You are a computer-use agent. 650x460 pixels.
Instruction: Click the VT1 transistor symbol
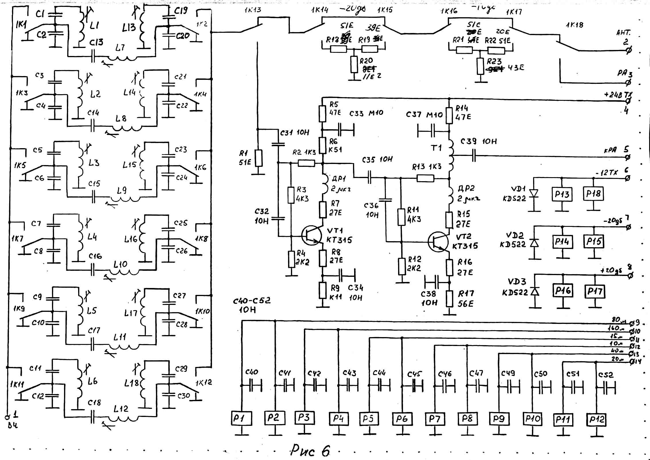(x=311, y=235)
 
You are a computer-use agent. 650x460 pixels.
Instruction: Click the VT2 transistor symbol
(x=438, y=242)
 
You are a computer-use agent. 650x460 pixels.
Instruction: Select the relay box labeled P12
(x=596, y=420)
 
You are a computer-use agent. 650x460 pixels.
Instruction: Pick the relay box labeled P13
(x=562, y=194)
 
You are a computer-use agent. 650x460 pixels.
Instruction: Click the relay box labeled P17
(x=594, y=291)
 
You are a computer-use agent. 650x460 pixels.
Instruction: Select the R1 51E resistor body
(x=259, y=158)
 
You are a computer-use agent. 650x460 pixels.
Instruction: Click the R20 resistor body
(x=354, y=64)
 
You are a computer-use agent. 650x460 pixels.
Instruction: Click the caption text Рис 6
(x=310, y=451)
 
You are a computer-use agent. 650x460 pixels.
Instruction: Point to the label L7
(x=120, y=47)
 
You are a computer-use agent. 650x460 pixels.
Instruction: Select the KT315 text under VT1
(x=339, y=240)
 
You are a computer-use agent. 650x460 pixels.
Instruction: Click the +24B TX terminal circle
(x=628, y=101)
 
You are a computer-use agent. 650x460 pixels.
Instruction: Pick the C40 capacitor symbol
(x=255, y=385)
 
